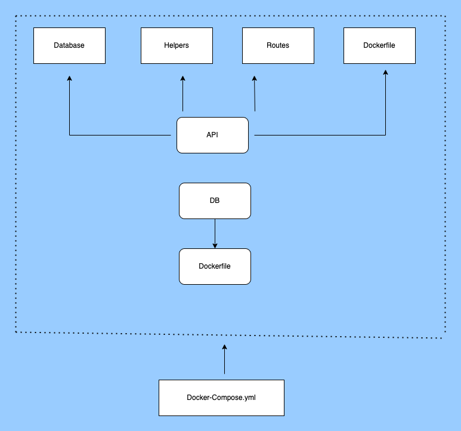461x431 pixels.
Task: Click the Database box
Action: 69,45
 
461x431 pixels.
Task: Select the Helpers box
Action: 177,45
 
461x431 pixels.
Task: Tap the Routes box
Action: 278,45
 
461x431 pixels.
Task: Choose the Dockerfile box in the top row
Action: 379,45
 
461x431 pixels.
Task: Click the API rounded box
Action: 212,135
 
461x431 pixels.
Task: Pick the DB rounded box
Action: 215,201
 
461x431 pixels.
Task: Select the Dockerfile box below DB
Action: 215,266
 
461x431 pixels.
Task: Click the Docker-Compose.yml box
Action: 221,398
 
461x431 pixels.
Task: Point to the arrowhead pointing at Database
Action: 69,78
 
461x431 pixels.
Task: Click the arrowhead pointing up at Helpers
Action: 182,78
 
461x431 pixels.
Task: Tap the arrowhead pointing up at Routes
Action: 254,78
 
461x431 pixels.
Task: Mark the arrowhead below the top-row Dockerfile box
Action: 385,72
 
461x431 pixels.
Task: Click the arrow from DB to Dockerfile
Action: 215,233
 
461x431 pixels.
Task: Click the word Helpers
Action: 177,45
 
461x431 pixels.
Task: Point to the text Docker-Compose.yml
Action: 221,398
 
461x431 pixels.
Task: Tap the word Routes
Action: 278,45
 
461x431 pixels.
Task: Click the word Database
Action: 69,45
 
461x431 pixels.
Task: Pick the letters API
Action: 212,135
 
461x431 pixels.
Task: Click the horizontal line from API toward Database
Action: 119,136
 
